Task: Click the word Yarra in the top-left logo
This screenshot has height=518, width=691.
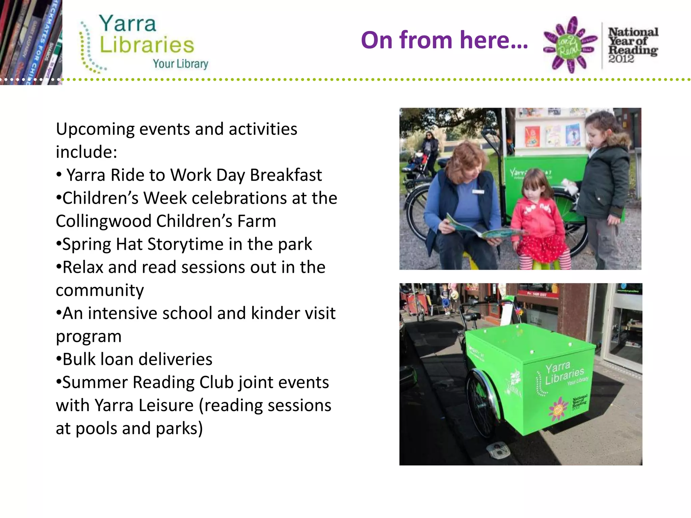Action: coord(128,24)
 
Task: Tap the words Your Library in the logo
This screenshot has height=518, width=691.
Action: coord(181,64)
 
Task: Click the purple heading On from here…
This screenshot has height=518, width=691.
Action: coord(444,40)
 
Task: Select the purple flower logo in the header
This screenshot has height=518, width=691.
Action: coord(570,45)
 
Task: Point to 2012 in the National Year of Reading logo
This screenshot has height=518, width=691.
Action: coord(621,59)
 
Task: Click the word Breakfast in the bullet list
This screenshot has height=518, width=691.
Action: coord(286,175)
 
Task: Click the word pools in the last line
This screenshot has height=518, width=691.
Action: coord(96,429)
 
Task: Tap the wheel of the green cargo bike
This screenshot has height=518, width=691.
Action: coord(481,401)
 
